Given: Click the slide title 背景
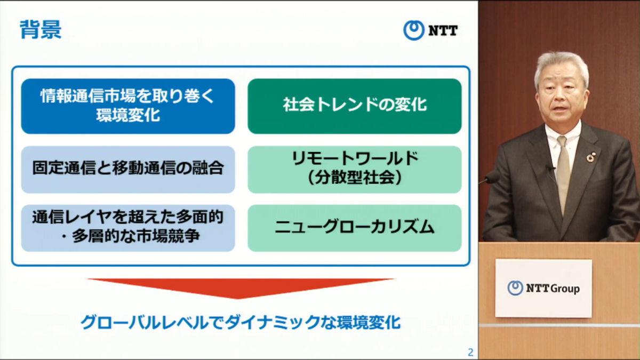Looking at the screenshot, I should (x=41, y=29).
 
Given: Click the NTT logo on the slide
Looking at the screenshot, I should (x=430, y=30).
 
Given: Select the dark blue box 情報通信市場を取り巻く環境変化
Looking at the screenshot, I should (x=128, y=106).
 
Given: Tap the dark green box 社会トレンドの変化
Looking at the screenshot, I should (x=354, y=106).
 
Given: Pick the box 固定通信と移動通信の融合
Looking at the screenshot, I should (x=128, y=169).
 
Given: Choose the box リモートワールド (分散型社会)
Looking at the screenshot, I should (x=354, y=169).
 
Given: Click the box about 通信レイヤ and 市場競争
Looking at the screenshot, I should (x=128, y=228).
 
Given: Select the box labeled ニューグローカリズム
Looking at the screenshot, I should (x=354, y=228).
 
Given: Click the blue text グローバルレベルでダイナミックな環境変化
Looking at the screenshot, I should (x=240, y=323).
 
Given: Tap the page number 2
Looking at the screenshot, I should (x=470, y=352).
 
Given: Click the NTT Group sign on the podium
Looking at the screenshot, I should (x=543, y=288).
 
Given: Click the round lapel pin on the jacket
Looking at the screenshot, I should (x=591, y=157).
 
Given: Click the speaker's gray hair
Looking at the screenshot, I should (x=563, y=61).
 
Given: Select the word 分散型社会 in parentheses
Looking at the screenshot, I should (x=354, y=178).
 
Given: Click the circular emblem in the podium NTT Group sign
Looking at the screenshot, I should (x=515, y=288).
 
